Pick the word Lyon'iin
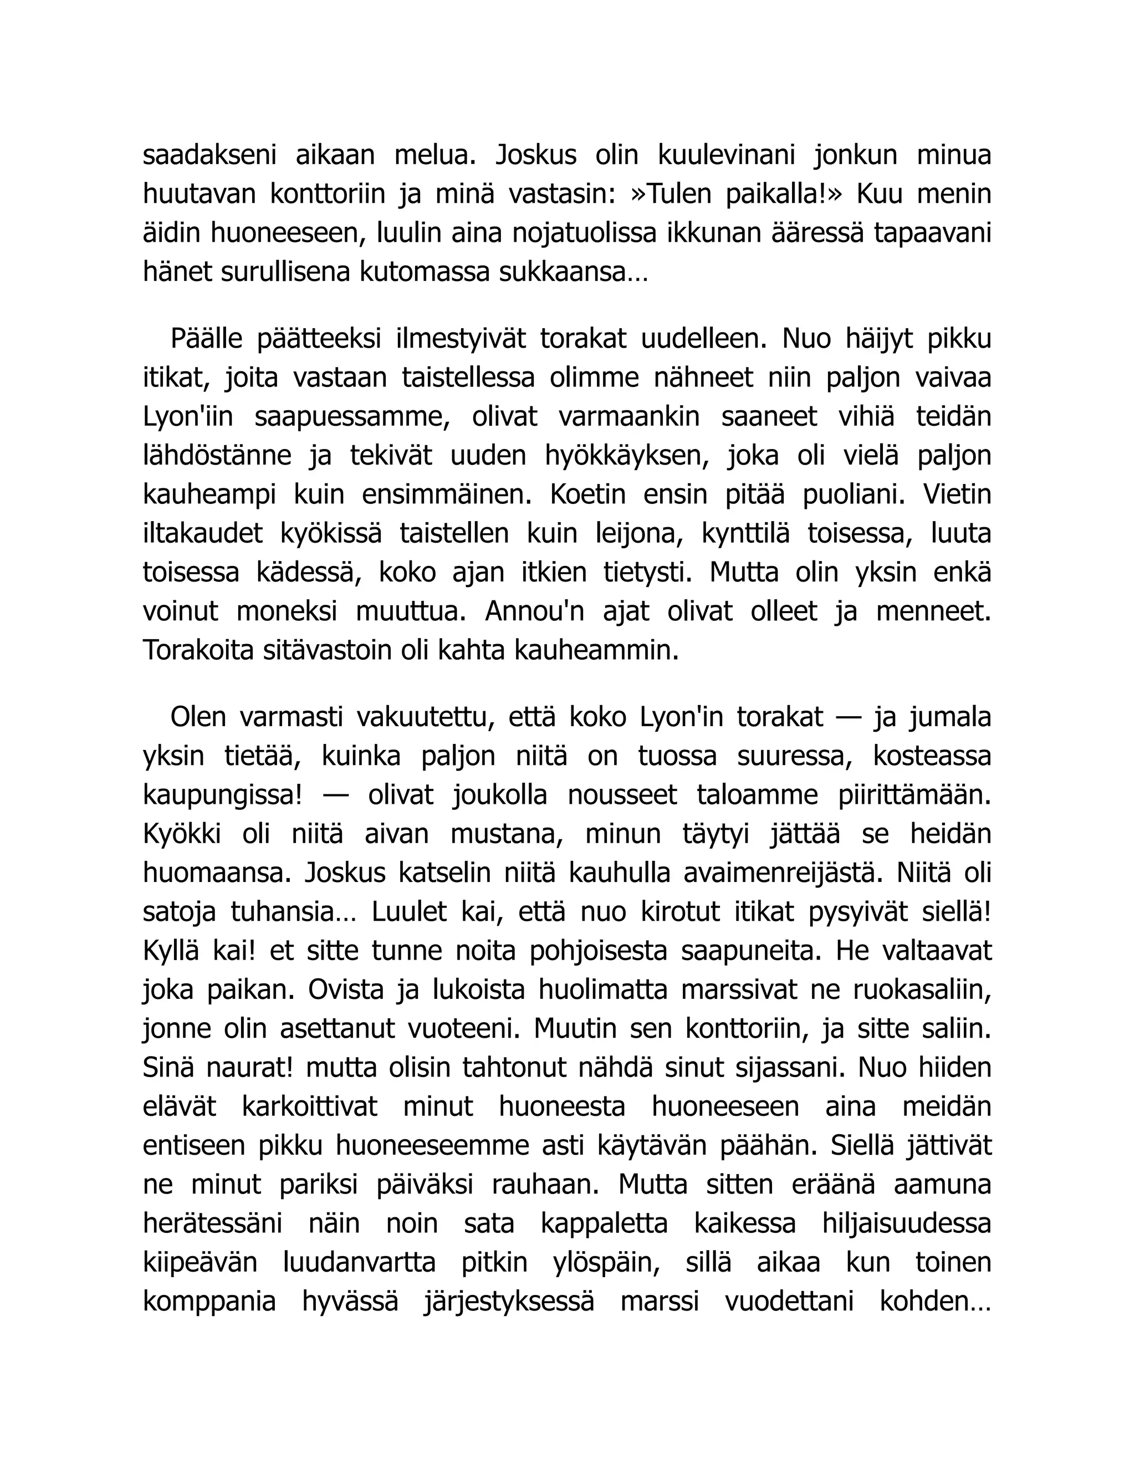188,416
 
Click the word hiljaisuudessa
906,1223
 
